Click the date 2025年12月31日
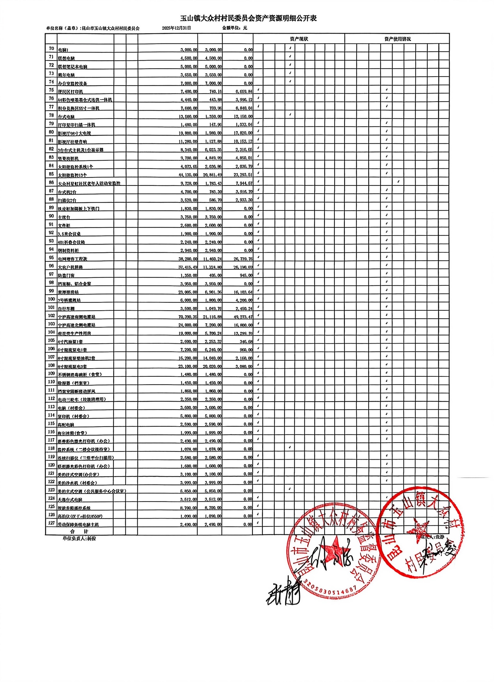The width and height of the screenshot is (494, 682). point(177,28)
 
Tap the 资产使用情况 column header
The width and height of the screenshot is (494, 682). point(397,39)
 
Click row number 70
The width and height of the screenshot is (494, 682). point(51,48)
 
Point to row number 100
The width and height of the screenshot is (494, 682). point(51,299)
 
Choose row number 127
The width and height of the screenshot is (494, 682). point(51,523)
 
